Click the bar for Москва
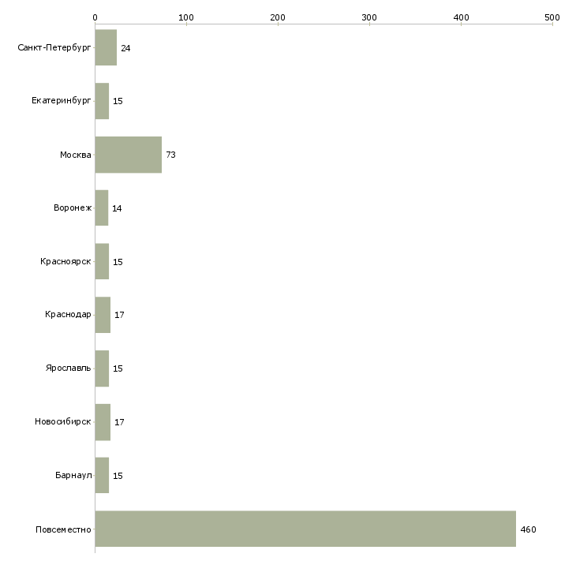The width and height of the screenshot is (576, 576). [128, 155]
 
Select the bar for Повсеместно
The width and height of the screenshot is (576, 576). [305, 529]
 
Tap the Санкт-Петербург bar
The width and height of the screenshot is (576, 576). [106, 47]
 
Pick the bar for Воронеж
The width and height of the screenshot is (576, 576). [101, 208]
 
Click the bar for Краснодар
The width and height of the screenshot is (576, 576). [103, 315]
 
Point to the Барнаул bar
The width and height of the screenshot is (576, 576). [102, 475]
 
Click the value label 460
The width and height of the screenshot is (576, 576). [528, 529]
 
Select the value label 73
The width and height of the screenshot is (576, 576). [170, 155]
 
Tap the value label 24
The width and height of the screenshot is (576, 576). [125, 48]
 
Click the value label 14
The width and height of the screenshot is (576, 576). [117, 208]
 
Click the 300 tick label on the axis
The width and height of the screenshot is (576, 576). [369, 17]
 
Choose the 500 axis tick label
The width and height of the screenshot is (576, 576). [552, 17]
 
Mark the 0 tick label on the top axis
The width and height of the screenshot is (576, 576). [95, 17]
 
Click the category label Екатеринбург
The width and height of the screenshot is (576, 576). [61, 101]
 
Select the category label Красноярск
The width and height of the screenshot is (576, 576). [65, 261]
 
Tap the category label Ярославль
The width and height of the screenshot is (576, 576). [69, 368]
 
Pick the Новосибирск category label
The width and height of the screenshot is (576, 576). [63, 421]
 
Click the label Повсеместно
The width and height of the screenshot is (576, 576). [63, 529]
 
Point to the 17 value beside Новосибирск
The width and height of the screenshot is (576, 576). [119, 422]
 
